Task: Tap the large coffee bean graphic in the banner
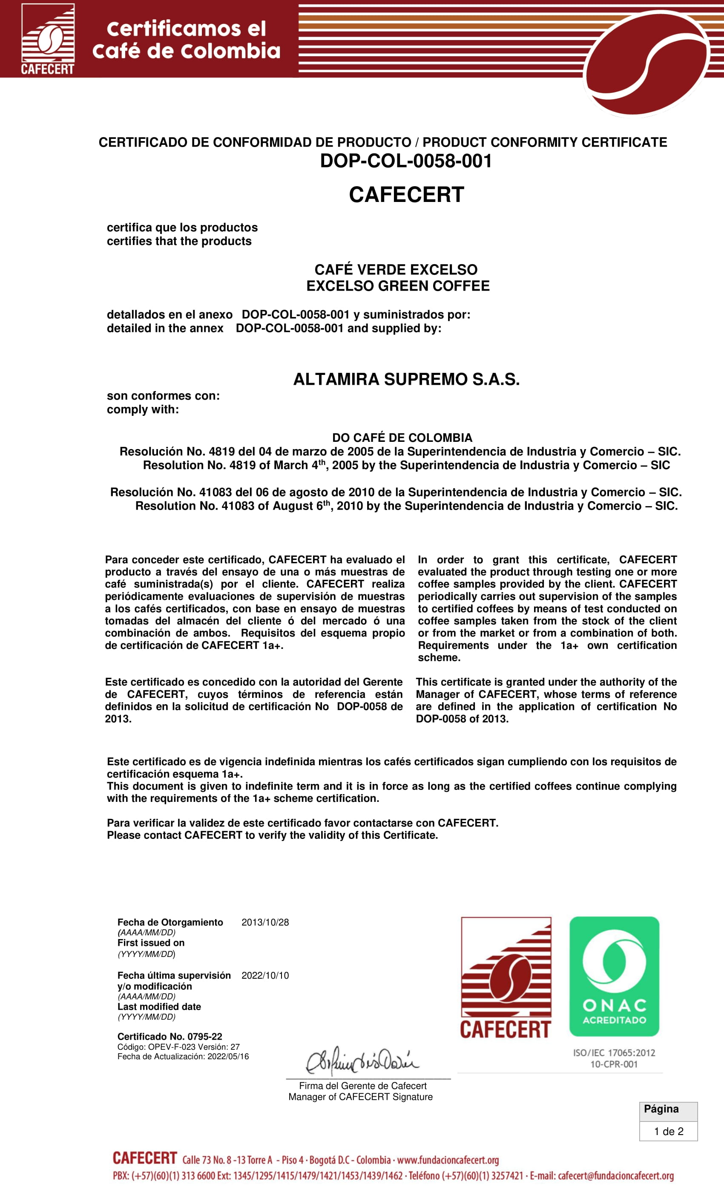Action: pos(646,63)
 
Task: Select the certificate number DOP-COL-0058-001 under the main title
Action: pos(405,161)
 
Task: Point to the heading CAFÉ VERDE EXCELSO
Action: pos(396,269)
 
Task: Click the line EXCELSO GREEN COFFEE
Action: pos(398,285)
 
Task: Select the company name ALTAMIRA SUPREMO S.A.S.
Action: pos(406,379)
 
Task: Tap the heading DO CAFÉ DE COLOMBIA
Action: pos(402,438)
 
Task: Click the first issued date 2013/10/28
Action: pos(265,922)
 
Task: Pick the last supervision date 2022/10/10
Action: pos(265,976)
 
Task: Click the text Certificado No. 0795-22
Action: pos(170,1037)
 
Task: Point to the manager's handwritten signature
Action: pos(362,1061)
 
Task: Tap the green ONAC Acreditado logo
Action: pos(614,976)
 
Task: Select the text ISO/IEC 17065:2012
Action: pos(614,1052)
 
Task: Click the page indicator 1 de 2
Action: pos(668,1132)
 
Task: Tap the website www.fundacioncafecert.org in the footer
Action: pos(448,1160)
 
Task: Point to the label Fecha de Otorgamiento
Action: pos(170,922)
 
